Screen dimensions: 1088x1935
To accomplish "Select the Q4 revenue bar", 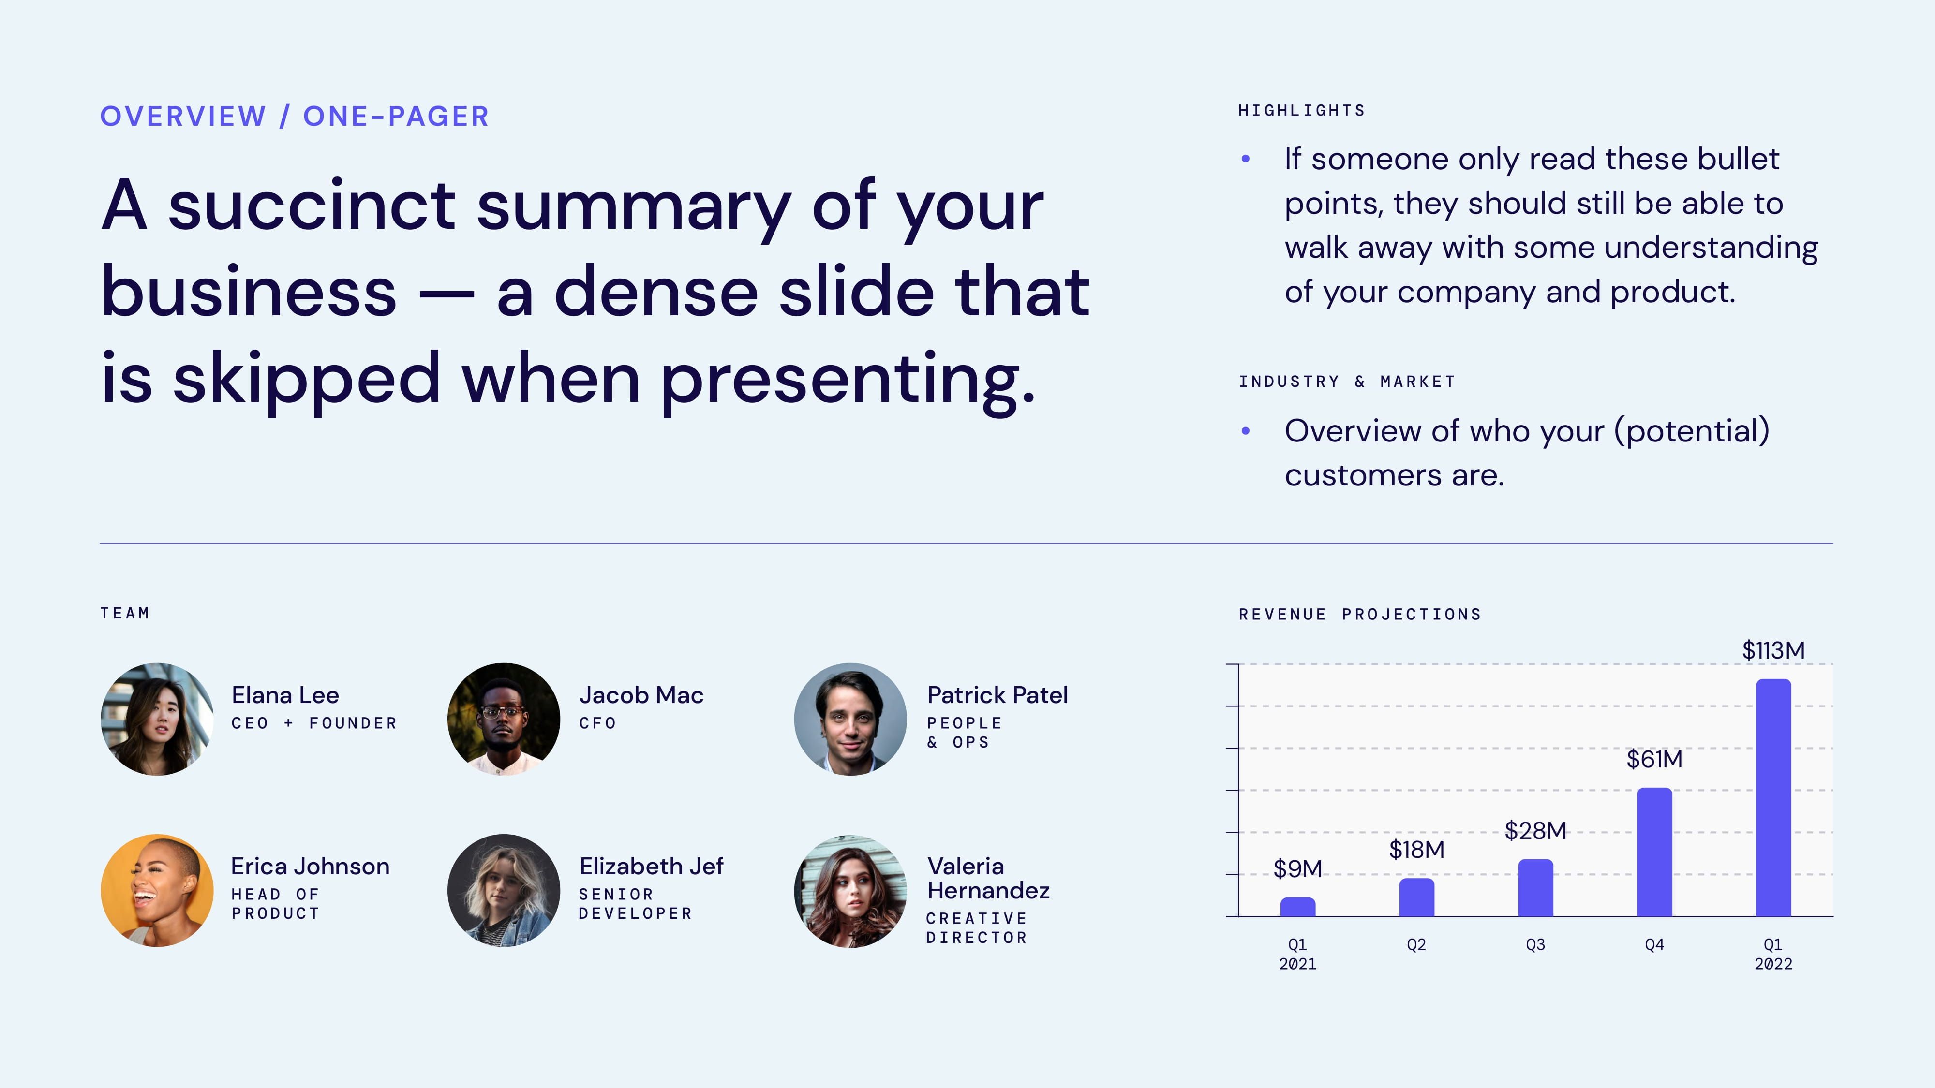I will tap(1654, 852).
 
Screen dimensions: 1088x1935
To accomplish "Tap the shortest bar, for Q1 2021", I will tap(1297, 907).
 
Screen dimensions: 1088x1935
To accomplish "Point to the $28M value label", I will tap(1535, 830).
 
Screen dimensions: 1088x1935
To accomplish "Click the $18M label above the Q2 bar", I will tap(1416, 849).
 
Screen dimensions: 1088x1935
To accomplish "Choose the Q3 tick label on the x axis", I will tap(1535, 944).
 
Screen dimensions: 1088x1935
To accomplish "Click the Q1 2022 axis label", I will tap(1773, 954).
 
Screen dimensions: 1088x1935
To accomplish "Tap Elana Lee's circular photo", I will tap(157, 719).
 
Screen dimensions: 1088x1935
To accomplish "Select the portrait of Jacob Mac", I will tap(503, 719).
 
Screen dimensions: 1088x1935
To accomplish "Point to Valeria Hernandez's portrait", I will tap(850, 891).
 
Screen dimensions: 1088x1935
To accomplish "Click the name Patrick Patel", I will tap(997, 695).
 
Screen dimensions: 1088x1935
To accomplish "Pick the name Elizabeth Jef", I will tap(651, 867).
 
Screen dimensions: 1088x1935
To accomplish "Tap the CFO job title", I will tap(597, 723).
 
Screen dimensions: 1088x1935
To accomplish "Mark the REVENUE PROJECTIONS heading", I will tap(1360, 614).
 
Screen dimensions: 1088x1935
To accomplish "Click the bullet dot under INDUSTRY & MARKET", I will tap(1246, 431).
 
